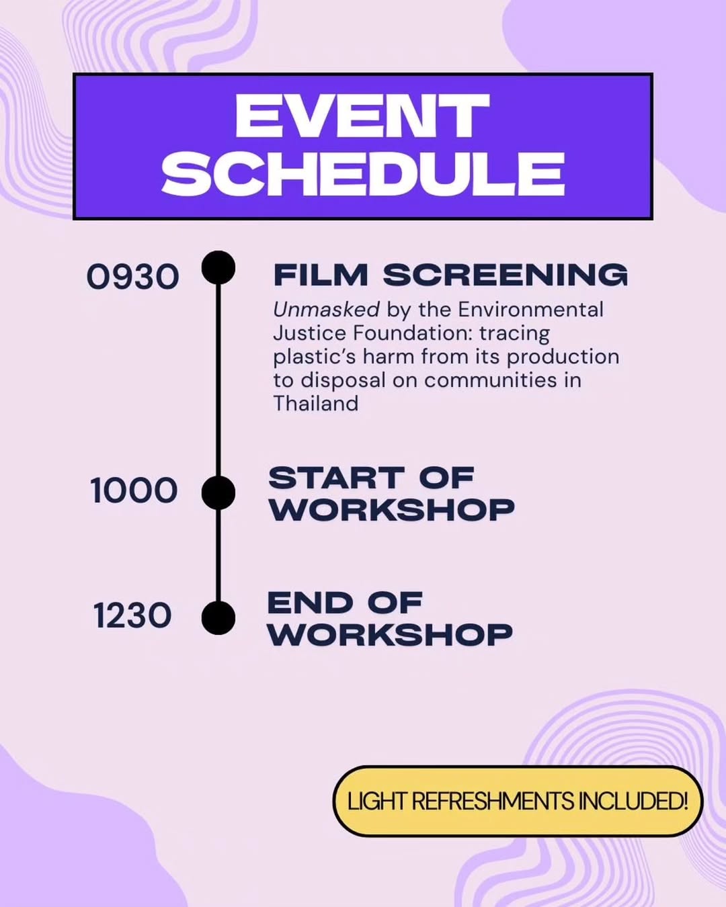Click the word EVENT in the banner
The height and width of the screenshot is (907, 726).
[362, 116]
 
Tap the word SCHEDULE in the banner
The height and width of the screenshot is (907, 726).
[363, 174]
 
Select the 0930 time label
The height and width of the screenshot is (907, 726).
[133, 277]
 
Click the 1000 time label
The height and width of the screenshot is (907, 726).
[134, 490]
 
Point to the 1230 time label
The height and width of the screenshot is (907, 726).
[132, 615]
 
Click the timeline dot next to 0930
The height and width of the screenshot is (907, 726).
[218, 267]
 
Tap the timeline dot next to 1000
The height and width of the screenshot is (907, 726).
[218, 492]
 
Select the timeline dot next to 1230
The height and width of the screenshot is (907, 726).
[218, 618]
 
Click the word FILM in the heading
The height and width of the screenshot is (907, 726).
[321, 275]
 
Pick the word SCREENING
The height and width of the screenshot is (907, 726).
[506, 275]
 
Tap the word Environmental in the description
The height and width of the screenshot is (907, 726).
[530, 310]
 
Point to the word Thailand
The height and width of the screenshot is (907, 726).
[316, 403]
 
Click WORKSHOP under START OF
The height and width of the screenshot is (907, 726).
[392, 509]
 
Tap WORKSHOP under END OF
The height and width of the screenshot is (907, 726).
[390, 635]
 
